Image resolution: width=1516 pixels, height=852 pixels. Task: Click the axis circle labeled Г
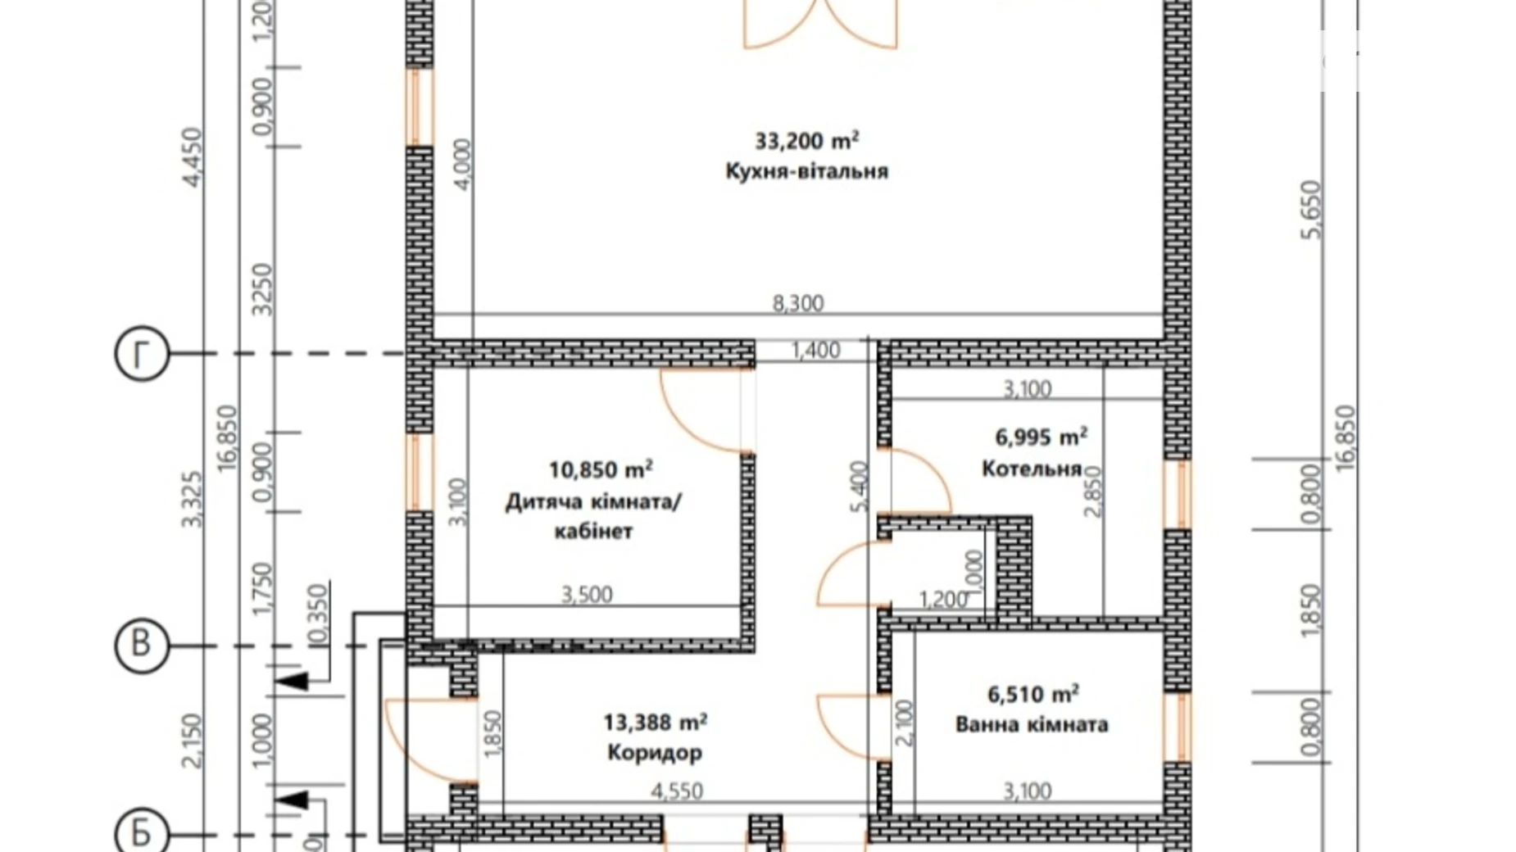tap(142, 355)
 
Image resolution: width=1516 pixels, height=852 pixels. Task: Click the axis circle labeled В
tap(142, 645)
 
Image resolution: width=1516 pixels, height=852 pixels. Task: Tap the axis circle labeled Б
tap(142, 833)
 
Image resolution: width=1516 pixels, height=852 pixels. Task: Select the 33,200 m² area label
tap(806, 141)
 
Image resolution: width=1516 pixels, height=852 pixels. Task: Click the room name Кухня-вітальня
tap(806, 171)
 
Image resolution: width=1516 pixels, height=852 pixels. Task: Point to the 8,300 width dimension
tap(797, 303)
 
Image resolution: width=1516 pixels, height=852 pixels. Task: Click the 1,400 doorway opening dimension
tap(815, 351)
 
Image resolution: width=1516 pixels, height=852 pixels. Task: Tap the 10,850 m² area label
tap(600, 470)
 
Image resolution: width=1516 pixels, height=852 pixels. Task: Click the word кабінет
tap(593, 532)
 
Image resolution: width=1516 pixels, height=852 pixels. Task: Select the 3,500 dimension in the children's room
tap(587, 594)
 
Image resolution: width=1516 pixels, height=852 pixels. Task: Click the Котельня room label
tap(1031, 469)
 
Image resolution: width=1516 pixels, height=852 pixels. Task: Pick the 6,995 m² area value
tap(1041, 437)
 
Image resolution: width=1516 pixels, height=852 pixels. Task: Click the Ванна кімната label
tap(1032, 725)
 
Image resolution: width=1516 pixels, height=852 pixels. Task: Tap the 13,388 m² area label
tap(655, 723)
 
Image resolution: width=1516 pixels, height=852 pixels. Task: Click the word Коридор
tap(655, 752)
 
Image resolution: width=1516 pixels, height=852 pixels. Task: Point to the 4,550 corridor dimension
tap(677, 791)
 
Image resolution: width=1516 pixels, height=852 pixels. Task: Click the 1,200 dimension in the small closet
tap(943, 600)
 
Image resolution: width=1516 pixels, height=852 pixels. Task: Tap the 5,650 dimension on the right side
tap(1311, 210)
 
